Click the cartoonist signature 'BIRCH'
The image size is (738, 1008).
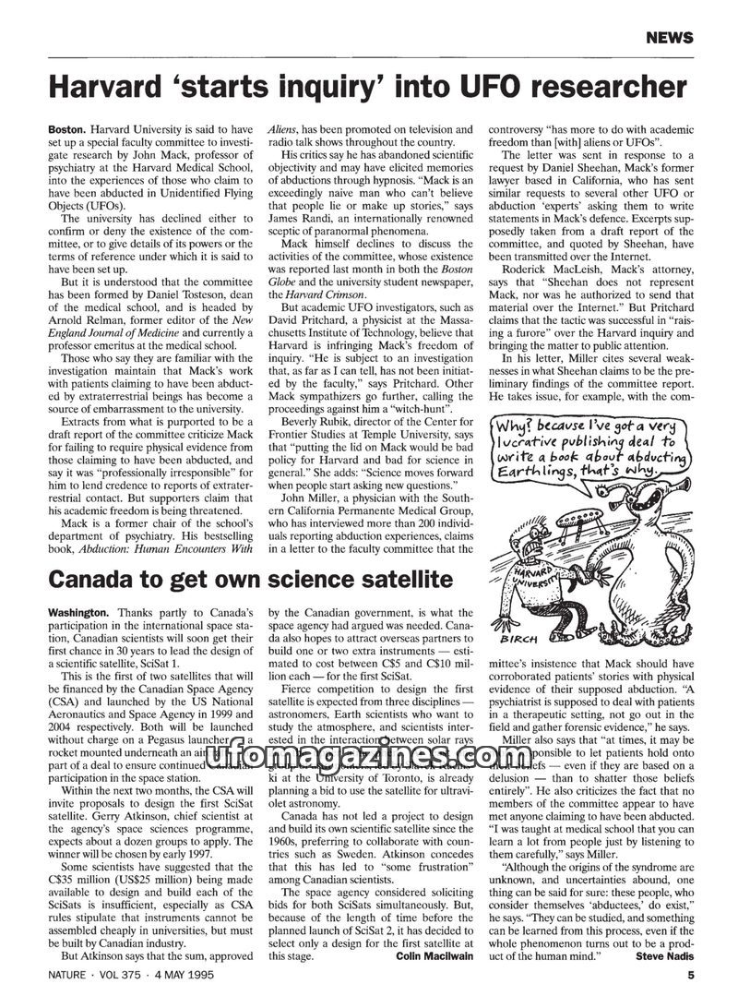tap(520, 639)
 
